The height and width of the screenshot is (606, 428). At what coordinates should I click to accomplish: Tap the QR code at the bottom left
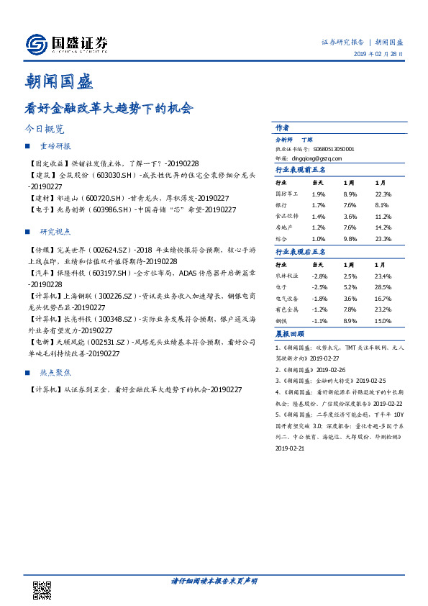(42, 590)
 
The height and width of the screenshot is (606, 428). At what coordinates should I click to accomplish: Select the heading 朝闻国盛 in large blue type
(60, 81)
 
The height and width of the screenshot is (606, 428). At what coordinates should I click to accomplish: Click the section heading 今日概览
(45, 130)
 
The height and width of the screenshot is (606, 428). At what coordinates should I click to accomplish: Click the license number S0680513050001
(334, 149)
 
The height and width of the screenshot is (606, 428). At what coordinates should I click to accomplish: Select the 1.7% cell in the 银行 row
(318, 204)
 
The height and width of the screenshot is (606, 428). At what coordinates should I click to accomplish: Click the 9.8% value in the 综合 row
(350, 238)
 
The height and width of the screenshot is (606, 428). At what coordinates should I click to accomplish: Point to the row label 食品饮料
(286, 216)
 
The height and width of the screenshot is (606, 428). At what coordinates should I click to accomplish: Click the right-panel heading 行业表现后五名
(301, 252)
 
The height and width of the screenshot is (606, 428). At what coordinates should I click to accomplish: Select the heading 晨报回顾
(289, 334)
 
